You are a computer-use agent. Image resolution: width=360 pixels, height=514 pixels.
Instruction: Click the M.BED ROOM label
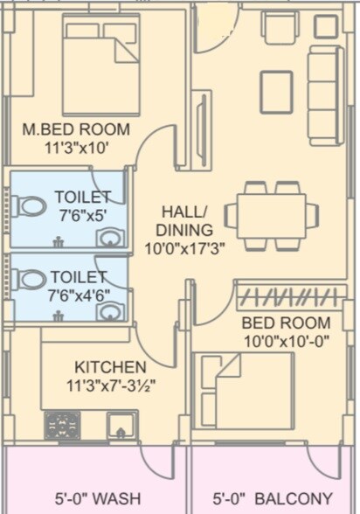(x=76, y=130)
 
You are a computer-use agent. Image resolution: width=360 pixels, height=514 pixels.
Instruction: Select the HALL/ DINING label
(x=184, y=220)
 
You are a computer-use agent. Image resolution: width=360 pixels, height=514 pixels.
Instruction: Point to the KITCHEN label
(x=110, y=366)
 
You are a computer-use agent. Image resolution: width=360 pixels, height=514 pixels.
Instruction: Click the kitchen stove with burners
(x=62, y=426)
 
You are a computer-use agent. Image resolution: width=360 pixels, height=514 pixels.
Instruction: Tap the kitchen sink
(x=121, y=426)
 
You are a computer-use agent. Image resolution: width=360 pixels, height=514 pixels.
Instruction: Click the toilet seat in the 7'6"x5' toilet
(x=30, y=207)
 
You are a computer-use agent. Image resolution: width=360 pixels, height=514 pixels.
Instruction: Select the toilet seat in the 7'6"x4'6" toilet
(x=30, y=280)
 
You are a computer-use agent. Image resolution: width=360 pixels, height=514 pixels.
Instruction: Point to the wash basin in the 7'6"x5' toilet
(x=109, y=238)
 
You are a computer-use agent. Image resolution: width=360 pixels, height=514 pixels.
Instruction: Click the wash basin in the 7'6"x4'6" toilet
(x=109, y=310)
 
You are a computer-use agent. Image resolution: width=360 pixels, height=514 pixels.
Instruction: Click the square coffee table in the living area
(x=276, y=92)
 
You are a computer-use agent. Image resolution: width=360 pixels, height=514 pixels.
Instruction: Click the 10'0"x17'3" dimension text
(x=185, y=247)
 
